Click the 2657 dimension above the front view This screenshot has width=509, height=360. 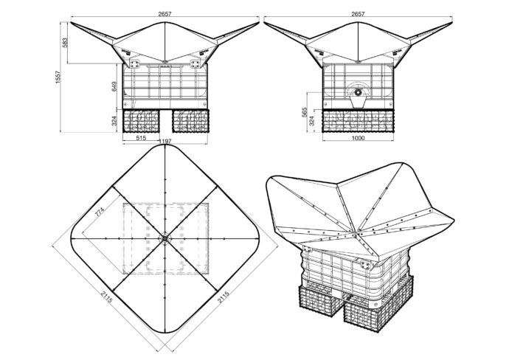coord(165,13)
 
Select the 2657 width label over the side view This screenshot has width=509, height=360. coord(358,13)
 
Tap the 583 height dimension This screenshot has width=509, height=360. coord(64,44)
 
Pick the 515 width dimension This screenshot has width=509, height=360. coord(142,137)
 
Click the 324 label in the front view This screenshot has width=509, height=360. coord(114,120)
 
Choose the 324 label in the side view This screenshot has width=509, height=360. coord(313,120)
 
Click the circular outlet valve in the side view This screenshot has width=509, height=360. coord(359,93)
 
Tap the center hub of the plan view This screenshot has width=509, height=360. coord(164,237)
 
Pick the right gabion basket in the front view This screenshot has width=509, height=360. coord(191,120)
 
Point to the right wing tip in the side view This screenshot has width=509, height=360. coord(451,24)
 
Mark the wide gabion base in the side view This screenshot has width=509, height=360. coord(358,120)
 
